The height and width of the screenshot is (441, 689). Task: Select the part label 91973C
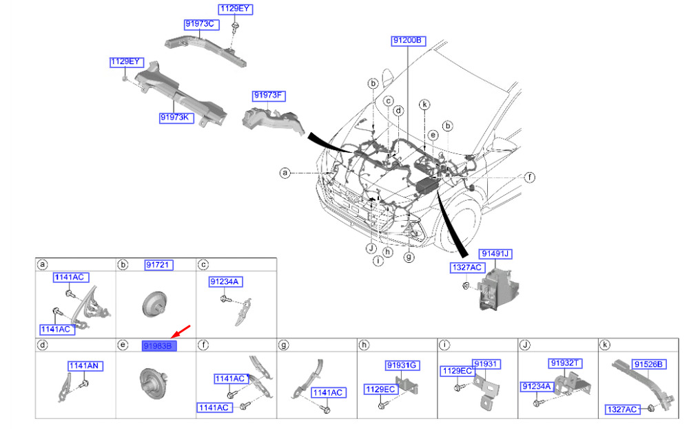point(200,24)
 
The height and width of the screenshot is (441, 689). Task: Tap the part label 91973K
point(175,118)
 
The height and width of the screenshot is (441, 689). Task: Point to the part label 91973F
point(268,96)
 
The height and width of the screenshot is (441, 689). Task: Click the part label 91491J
point(496,254)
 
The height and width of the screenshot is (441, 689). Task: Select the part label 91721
point(158,265)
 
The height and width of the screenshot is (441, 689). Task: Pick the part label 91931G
point(402,365)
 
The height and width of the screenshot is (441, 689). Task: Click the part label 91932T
point(566,363)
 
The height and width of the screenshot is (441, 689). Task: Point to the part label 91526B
point(648,365)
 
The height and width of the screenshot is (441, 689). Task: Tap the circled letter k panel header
point(604,345)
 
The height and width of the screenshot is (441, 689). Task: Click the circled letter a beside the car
point(284,173)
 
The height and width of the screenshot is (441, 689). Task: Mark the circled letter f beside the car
point(529,178)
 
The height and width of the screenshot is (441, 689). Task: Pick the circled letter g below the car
point(409,257)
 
